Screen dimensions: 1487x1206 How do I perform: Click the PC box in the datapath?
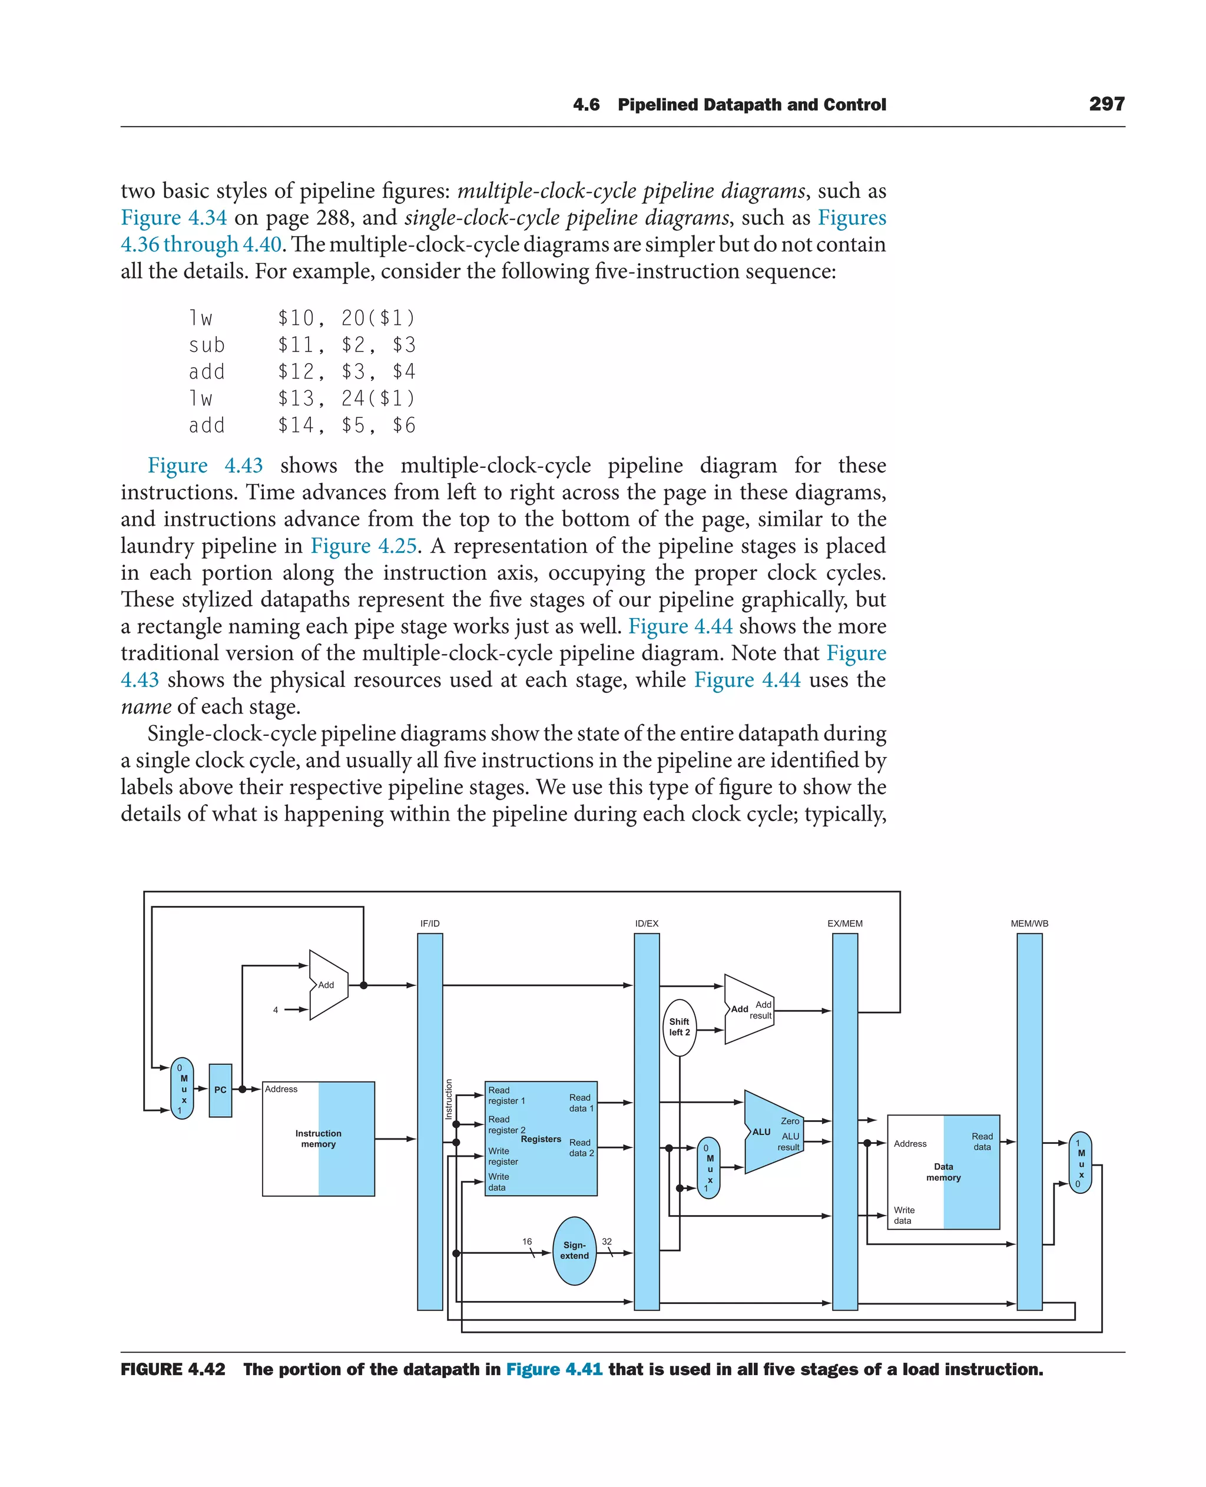pyautogui.click(x=220, y=1090)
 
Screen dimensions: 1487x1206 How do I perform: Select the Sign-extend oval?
pyautogui.click(x=575, y=1250)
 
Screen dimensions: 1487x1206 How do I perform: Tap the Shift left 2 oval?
pyautogui.click(x=679, y=1027)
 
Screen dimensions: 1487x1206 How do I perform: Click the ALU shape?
pyautogui.click(x=771, y=1132)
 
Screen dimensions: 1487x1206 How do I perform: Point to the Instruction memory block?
pyautogui.click(x=318, y=1139)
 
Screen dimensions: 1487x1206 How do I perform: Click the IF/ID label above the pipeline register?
pyautogui.click(x=430, y=924)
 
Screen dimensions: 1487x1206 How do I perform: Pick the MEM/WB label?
pyautogui.click(x=1029, y=924)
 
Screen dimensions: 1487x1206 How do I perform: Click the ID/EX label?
pyautogui.click(x=646, y=924)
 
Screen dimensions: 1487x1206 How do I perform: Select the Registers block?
pyautogui.click(x=541, y=1139)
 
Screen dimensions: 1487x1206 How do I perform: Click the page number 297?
pyautogui.click(x=1106, y=104)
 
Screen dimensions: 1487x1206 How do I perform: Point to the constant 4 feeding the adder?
pyautogui.click(x=276, y=1010)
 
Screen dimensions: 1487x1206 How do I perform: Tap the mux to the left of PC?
pyautogui.click(x=183, y=1089)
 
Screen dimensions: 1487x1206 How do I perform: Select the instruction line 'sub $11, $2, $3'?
pyautogui.click(x=301, y=345)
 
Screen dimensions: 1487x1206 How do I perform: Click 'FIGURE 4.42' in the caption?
pyautogui.click(x=173, y=1369)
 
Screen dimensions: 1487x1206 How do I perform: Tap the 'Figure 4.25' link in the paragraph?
pyautogui.click(x=363, y=546)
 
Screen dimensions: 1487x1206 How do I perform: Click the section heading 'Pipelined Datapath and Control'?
pyautogui.click(x=751, y=105)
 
